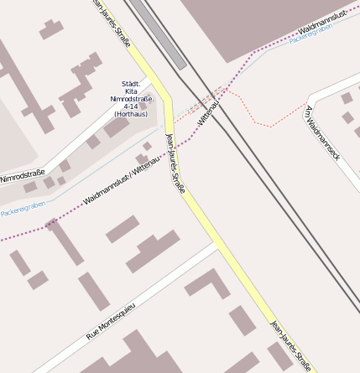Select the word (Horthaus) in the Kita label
(130, 114)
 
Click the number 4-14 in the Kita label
(130, 106)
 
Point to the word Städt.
(130, 84)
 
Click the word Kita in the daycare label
(130, 91)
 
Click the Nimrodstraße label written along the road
(23, 175)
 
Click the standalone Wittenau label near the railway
(207, 112)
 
